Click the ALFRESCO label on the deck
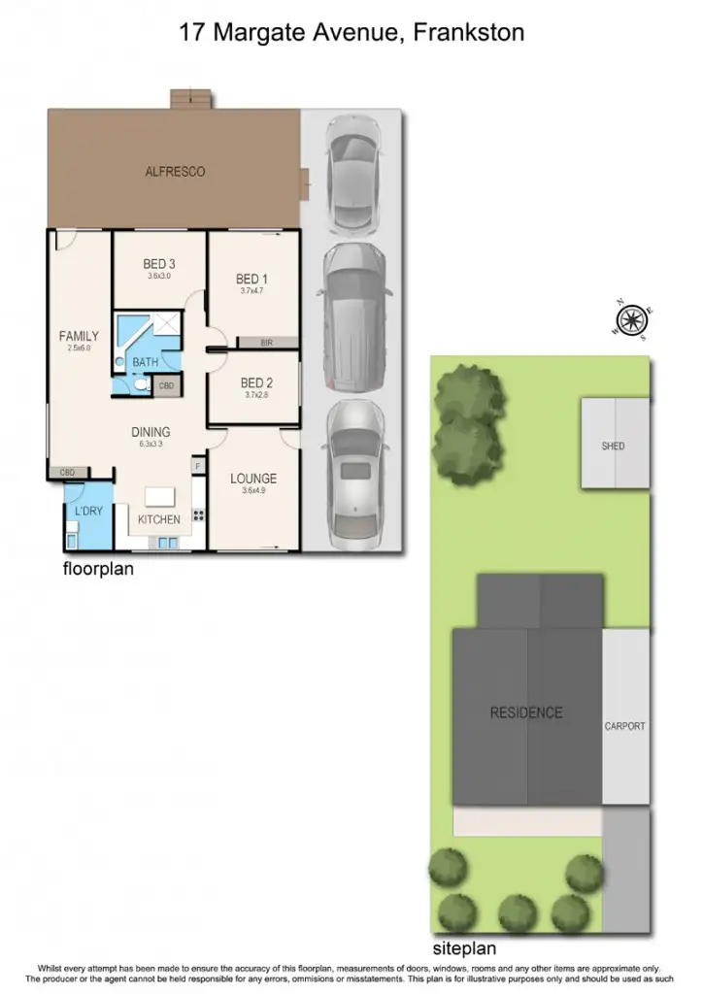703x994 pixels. click(175, 172)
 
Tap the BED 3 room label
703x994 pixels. click(158, 264)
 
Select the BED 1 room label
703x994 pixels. click(252, 279)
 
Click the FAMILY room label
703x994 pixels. click(79, 336)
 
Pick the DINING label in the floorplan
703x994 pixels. click(151, 432)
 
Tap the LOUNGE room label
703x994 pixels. click(253, 479)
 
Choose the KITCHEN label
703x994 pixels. click(158, 519)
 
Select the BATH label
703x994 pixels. click(146, 362)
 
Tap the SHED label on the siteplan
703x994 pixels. click(613, 447)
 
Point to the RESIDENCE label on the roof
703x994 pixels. click(525, 712)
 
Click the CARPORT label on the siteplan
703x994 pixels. click(624, 726)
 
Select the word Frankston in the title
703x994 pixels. click(469, 32)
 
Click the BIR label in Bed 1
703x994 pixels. click(266, 343)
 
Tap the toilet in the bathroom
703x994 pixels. click(141, 385)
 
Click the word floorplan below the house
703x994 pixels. click(98, 570)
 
